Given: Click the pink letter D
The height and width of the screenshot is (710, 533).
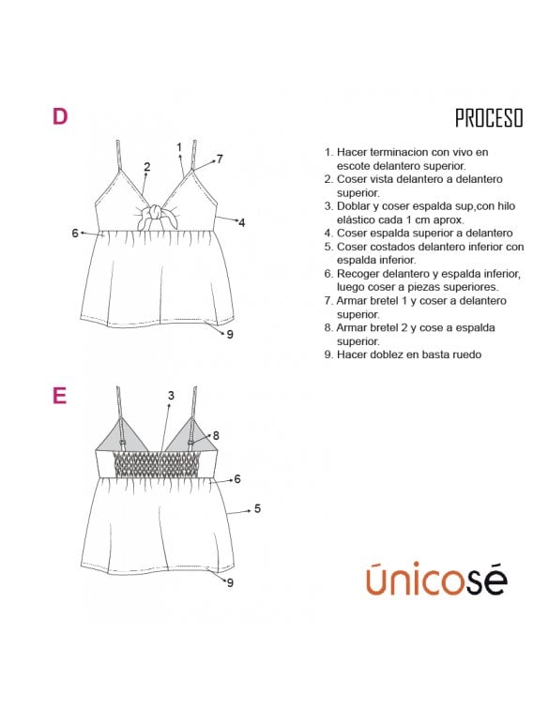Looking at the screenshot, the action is click(x=60, y=116).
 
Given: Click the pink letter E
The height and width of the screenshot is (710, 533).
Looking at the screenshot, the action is click(x=59, y=395).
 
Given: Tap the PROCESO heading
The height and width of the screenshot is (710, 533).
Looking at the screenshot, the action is click(x=489, y=118).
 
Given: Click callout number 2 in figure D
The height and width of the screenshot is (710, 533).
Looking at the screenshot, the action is click(x=146, y=167).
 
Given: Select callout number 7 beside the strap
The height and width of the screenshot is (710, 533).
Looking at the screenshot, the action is click(x=220, y=159).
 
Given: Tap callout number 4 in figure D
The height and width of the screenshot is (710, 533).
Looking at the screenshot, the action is click(x=242, y=223).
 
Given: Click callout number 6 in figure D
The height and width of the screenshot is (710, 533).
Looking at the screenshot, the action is click(x=75, y=234).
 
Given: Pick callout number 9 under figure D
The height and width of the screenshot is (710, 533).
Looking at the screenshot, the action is click(x=230, y=334).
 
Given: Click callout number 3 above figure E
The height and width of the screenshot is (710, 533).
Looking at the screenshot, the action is click(x=171, y=396).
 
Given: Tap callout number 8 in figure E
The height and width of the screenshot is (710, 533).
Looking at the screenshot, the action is click(x=216, y=435).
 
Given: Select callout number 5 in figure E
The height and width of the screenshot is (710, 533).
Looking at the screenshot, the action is click(x=257, y=508).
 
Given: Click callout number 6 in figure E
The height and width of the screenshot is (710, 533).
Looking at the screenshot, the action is click(x=237, y=479).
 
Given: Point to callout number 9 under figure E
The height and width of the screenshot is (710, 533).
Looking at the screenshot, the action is click(x=230, y=582).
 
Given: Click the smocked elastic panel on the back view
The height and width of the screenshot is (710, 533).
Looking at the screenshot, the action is click(x=156, y=463).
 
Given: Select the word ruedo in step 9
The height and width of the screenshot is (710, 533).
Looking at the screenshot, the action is click(x=466, y=355).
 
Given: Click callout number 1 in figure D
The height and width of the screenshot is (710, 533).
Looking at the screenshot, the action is click(x=179, y=147).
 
